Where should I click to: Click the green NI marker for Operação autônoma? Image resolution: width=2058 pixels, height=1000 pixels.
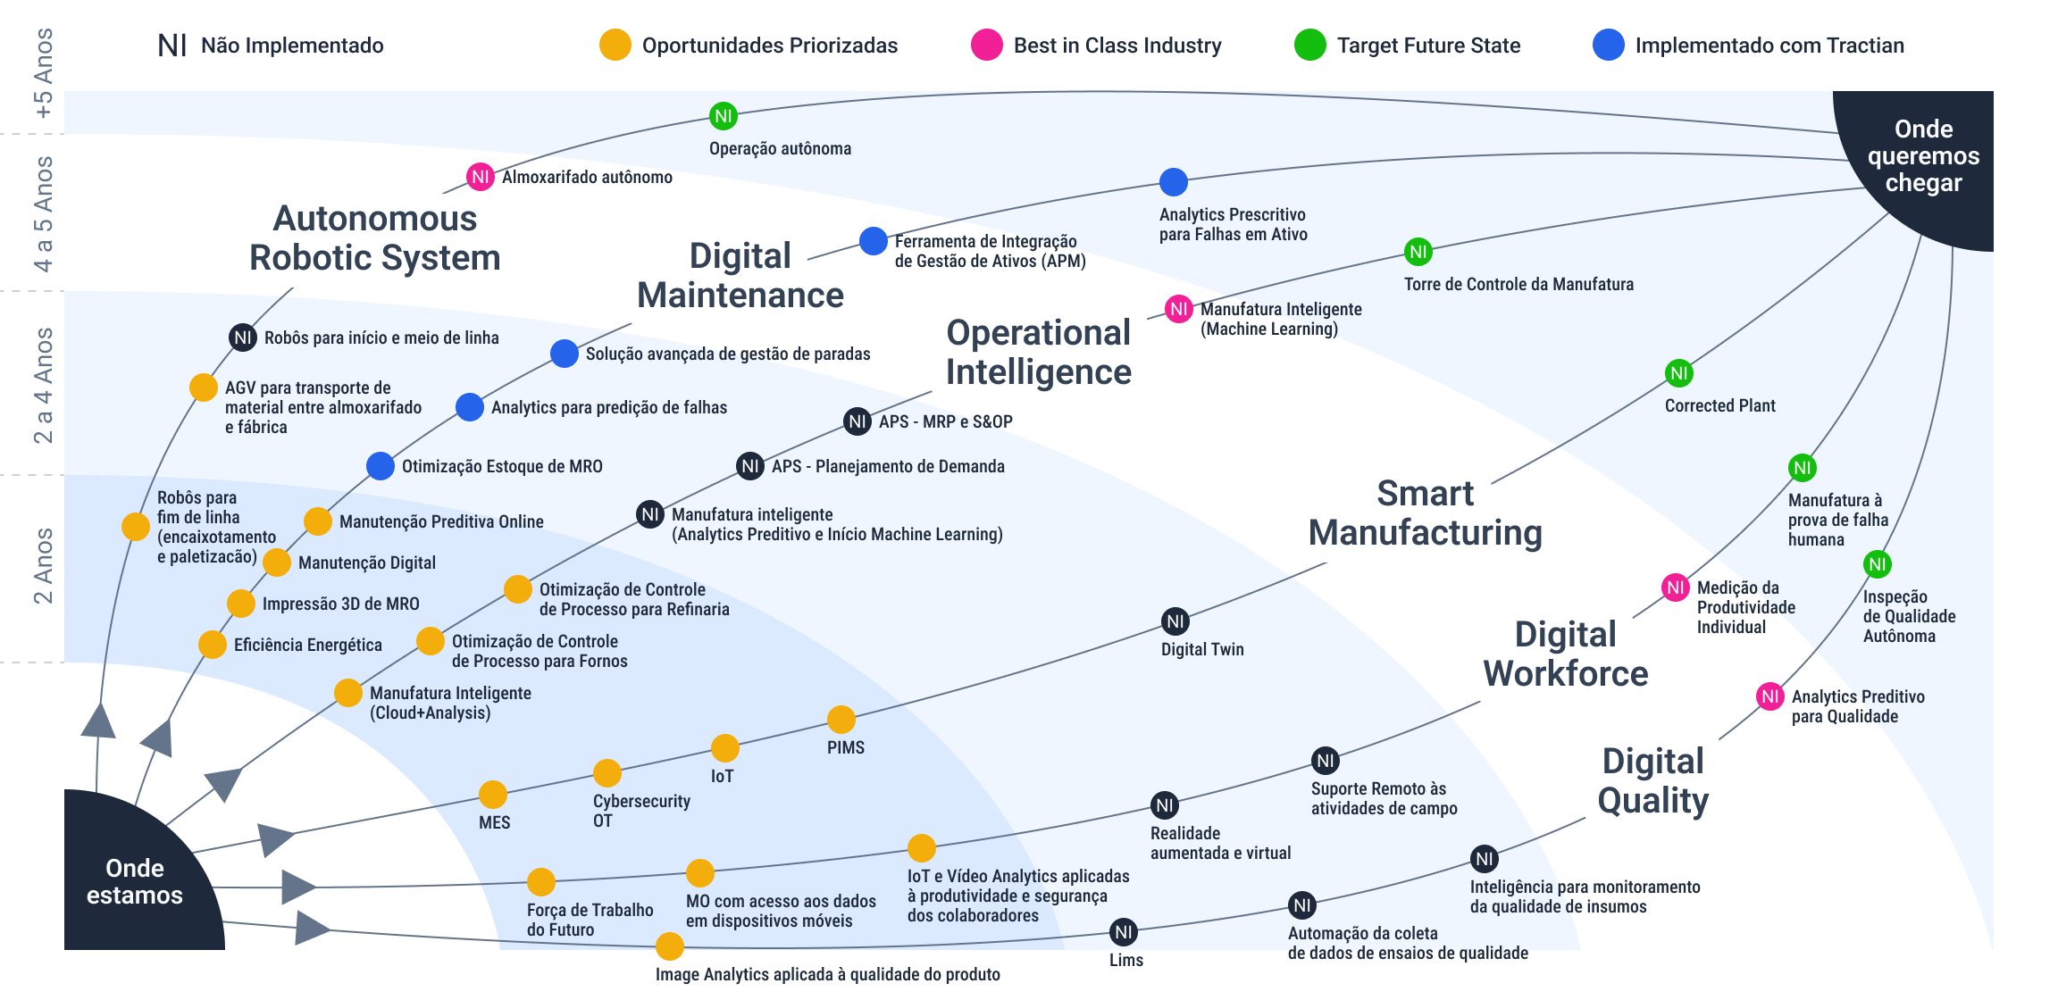tap(723, 116)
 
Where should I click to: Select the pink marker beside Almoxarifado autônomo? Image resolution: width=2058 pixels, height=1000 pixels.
tap(481, 177)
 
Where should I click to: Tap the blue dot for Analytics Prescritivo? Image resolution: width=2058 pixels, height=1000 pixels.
tap(1173, 182)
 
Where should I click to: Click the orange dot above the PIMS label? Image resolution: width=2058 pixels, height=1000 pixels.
tap(841, 720)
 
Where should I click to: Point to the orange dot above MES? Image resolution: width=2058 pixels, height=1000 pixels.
tap(493, 795)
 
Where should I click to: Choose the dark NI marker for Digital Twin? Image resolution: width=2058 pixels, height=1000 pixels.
tap(1175, 621)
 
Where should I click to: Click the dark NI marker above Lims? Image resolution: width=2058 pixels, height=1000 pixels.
tap(1124, 932)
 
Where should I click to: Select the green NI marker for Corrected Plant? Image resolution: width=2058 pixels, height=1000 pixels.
tap(1679, 373)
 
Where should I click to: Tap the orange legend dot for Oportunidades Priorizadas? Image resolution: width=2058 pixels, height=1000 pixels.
tap(615, 45)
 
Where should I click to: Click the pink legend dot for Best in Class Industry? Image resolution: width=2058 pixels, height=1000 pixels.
tap(987, 45)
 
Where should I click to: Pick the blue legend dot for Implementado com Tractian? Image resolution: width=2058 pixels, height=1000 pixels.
tap(1609, 45)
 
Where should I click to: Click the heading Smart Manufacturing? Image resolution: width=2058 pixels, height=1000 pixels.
tap(1426, 513)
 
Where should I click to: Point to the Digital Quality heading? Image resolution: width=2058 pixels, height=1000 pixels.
tap(1653, 781)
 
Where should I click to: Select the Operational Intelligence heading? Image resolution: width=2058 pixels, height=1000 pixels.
tap(1039, 353)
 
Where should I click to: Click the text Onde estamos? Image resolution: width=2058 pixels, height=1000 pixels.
tap(135, 881)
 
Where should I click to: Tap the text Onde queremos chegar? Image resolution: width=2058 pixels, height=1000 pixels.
tap(1923, 156)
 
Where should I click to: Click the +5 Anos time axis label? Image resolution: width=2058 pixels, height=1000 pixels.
tap(43, 73)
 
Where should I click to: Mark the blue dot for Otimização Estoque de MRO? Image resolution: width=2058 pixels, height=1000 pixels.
tap(381, 466)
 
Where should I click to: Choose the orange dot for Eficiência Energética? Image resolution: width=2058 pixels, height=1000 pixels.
tap(213, 645)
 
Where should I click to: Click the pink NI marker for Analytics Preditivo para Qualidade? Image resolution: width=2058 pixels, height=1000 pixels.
tap(1770, 696)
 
